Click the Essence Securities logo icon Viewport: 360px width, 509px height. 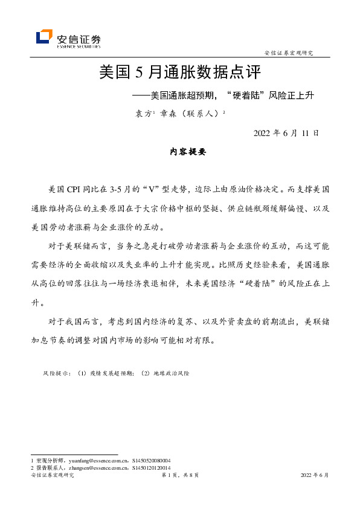coord(44,37)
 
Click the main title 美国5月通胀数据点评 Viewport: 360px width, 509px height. coord(179,73)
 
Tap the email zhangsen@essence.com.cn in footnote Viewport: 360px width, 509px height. coord(91,468)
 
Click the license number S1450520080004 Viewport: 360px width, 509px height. coord(151,461)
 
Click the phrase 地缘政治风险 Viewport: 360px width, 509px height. coord(173,374)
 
